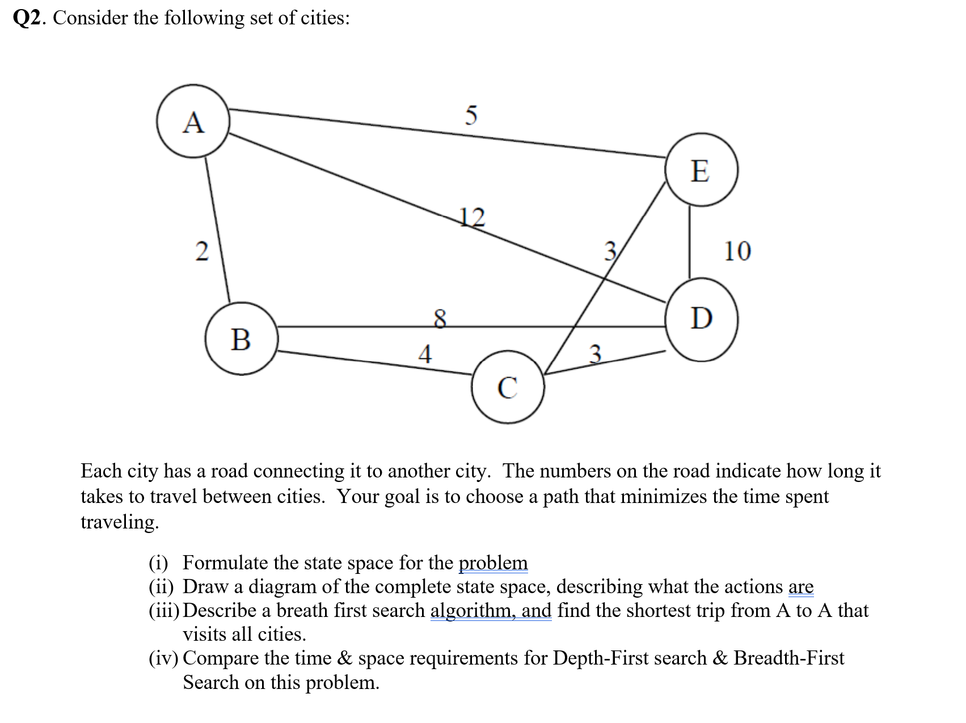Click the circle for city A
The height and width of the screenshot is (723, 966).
coord(193,121)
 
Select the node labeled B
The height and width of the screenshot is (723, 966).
coord(241,339)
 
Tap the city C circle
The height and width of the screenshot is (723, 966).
coord(508,387)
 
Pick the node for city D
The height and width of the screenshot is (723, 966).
coord(702,319)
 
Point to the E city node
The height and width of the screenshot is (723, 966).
coord(701,170)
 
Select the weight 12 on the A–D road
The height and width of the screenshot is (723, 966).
coord(472,217)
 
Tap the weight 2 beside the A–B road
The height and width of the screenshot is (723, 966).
coord(202,251)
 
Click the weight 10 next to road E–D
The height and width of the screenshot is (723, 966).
coord(737,251)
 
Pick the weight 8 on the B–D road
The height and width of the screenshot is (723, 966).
coord(440,318)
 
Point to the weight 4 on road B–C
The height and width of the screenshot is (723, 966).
coord(425,354)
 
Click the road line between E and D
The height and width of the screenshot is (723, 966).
coord(690,241)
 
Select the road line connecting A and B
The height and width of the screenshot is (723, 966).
coord(217,230)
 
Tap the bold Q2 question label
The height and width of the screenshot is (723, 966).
coord(27,18)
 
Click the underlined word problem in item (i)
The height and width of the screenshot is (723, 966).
coord(493,563)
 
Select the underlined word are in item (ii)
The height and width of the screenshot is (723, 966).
coord(800,586)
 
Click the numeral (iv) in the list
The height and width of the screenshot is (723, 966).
coord(163,658)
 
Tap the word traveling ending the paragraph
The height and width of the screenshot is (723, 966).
coord(119,522)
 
